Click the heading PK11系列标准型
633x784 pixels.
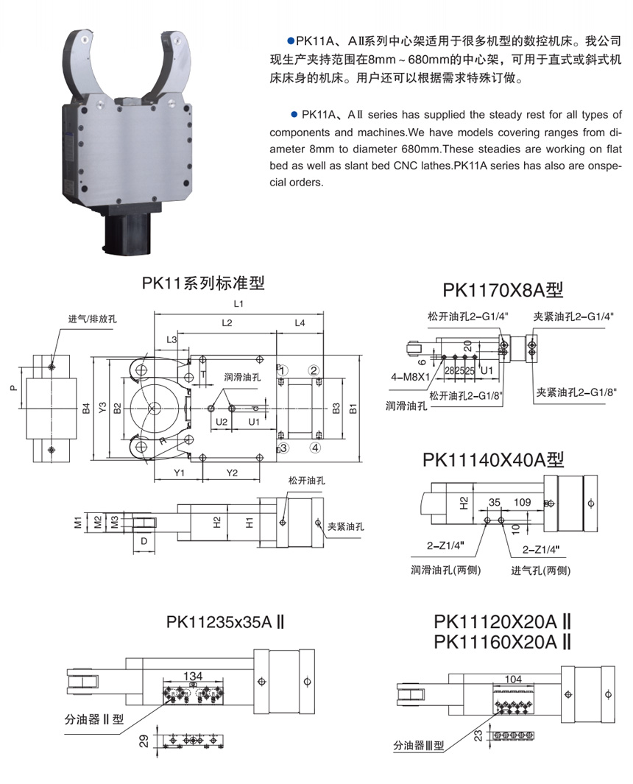203,282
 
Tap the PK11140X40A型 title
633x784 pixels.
493,459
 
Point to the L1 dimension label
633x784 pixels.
238,303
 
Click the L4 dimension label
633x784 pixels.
300,323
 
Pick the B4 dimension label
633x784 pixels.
86,408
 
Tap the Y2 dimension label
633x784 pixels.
232,472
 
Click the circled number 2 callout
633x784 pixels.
314,370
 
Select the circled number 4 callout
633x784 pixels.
314,447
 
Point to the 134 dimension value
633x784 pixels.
193,676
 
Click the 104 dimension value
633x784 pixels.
515,679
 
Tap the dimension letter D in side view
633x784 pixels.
144,542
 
